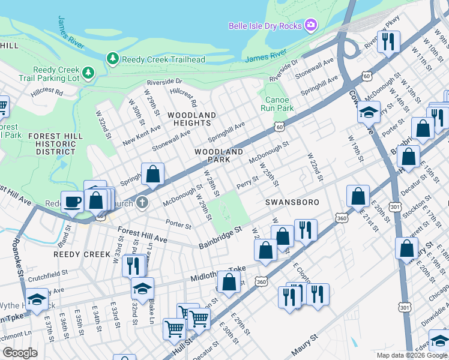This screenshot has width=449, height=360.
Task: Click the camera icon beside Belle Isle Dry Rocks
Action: coord(311,25)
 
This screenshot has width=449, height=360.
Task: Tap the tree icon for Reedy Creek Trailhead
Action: coord(112,59)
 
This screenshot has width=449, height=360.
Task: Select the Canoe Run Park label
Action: coord(277,104)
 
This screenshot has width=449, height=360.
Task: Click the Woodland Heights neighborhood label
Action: coord(191,119)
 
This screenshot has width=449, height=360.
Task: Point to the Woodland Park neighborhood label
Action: coord(218,156)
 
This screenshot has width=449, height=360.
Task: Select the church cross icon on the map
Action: coord(142,202)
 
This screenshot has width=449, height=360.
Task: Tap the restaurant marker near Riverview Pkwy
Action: coord(388,41)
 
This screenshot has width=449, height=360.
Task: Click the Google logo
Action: coord(20,353)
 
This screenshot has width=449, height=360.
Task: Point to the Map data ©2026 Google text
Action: coord(412,355)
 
